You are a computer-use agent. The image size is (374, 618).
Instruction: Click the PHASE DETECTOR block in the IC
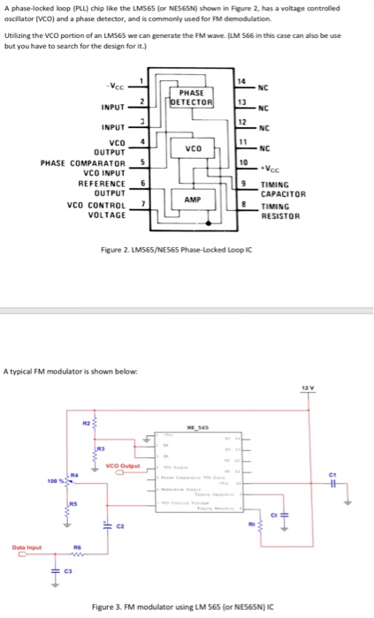[192, 96]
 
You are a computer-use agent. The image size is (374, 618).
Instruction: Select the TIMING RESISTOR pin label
[281, 211]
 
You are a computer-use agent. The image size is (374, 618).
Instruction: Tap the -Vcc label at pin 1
[113, 86]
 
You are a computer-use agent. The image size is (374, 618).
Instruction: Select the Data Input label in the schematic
[23, 546]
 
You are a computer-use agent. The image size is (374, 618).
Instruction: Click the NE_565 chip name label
[195, 424]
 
